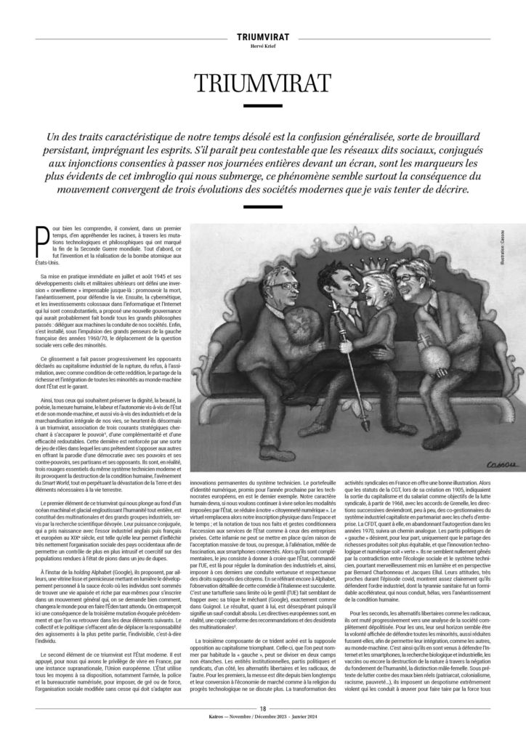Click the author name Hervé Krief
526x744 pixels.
point(263,44)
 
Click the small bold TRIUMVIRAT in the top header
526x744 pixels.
point(263,35)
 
